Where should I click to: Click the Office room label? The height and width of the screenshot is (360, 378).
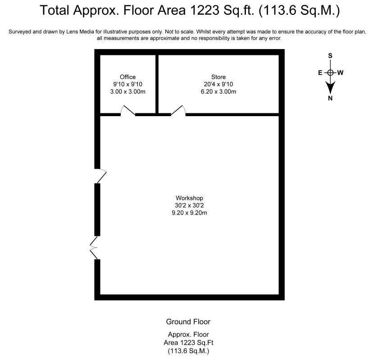pos(128,77)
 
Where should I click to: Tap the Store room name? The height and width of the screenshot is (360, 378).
pos(219,77)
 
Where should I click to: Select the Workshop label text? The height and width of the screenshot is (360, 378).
pos(189,198)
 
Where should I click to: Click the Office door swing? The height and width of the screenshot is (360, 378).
pos(128,111)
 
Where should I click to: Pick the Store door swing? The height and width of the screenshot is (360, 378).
pos(178,111)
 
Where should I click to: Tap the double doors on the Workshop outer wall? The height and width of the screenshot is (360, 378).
pos(94,247)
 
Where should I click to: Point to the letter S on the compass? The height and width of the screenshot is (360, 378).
pos(330,56)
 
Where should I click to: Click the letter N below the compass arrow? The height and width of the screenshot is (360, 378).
pos(330,98)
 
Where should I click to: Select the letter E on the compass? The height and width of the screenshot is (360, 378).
pos(320,73)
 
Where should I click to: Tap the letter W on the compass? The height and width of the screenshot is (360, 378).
pos(341,72)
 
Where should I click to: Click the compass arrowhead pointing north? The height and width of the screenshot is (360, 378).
pos(330,88)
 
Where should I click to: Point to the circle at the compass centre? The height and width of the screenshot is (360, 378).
pos(330,72)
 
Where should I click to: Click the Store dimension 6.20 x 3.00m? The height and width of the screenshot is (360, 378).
pos(219,91)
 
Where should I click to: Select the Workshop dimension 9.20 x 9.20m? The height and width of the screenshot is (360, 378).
pos(189,213)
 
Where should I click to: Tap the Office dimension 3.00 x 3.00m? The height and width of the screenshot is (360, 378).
pos(128,91)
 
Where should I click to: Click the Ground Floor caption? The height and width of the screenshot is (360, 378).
pos(188,322)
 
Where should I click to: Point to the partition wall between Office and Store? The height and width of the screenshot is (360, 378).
pos(157,84)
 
